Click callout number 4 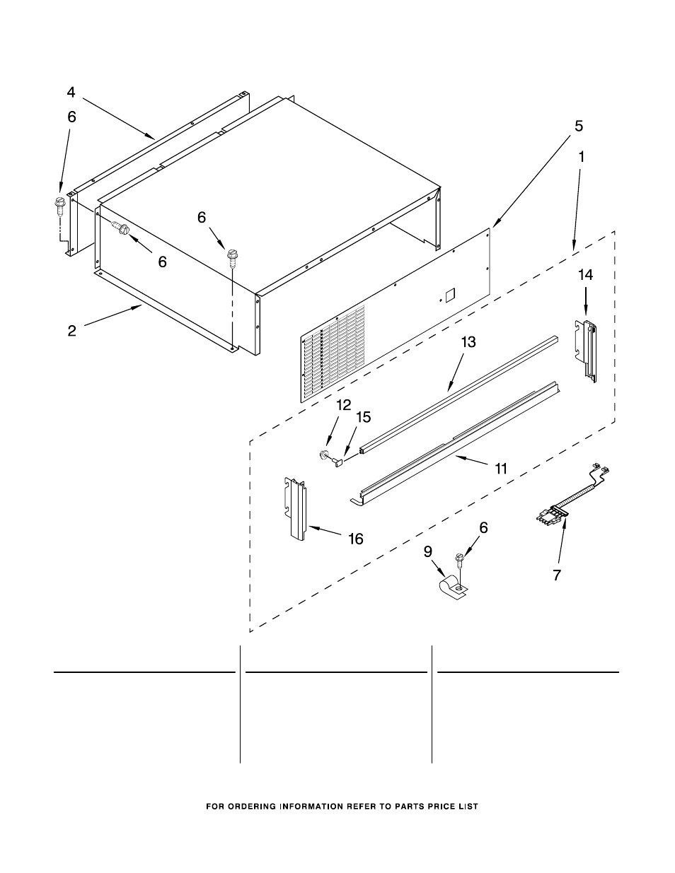point(71,92)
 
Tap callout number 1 point(582,158)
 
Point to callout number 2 point(72,331)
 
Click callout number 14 point(585,275)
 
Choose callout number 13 point(468,342)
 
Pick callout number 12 point(344,405)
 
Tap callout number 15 point(363,417)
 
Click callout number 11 point(501,468)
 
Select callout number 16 point(355,539)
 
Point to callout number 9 point(428,552)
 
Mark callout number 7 point(557,575)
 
